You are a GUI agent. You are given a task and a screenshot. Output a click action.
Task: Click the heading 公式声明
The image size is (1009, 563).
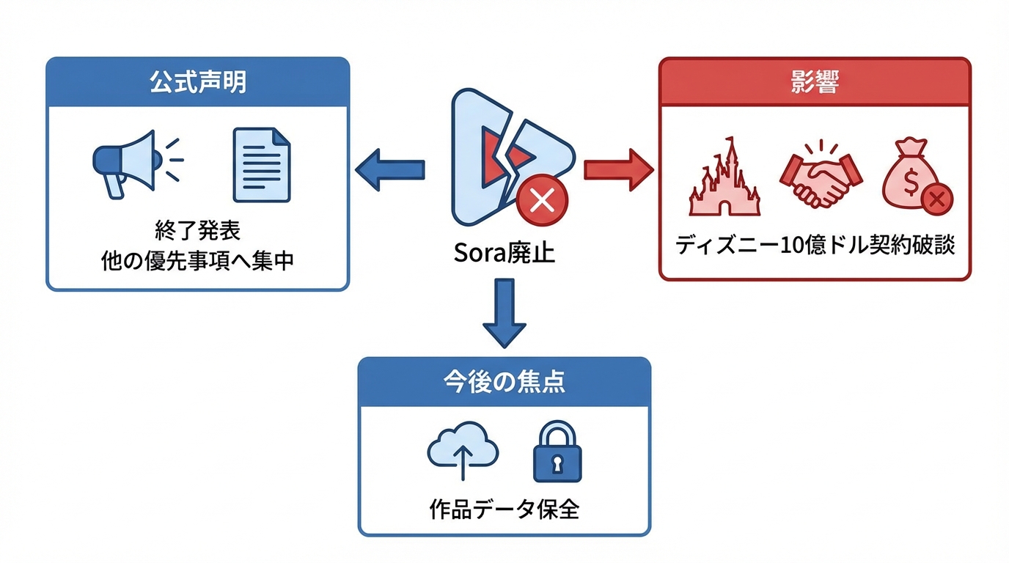click(197, 82)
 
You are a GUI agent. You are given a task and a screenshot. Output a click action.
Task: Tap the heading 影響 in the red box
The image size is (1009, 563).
click(815, 82)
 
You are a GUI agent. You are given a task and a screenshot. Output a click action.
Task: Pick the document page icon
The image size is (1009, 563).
click(261, 165)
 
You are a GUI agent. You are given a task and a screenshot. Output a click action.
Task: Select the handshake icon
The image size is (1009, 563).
click(821, 176)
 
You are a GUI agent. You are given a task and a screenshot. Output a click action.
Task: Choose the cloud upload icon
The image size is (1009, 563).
click(463, 450)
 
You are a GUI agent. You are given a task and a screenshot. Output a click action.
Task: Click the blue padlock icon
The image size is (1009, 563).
click(557, 452)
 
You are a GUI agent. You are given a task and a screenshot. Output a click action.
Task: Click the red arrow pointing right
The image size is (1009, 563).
click(617, 169)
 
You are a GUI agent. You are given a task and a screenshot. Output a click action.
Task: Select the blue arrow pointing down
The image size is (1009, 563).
click(504, 312)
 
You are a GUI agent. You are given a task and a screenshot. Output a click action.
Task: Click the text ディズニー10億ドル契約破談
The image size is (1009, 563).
click(815, 246)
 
